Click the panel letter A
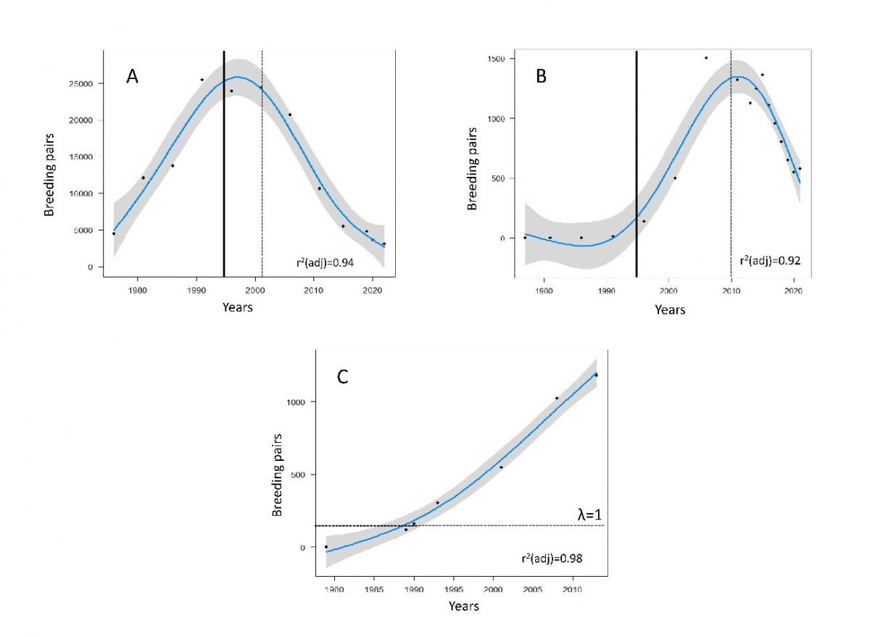point(132,77)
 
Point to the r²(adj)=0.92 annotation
point(769,259)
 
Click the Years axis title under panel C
point(463,606)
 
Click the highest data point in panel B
point(705,58)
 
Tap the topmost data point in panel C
point(596,375)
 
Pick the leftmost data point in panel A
point(114,233)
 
